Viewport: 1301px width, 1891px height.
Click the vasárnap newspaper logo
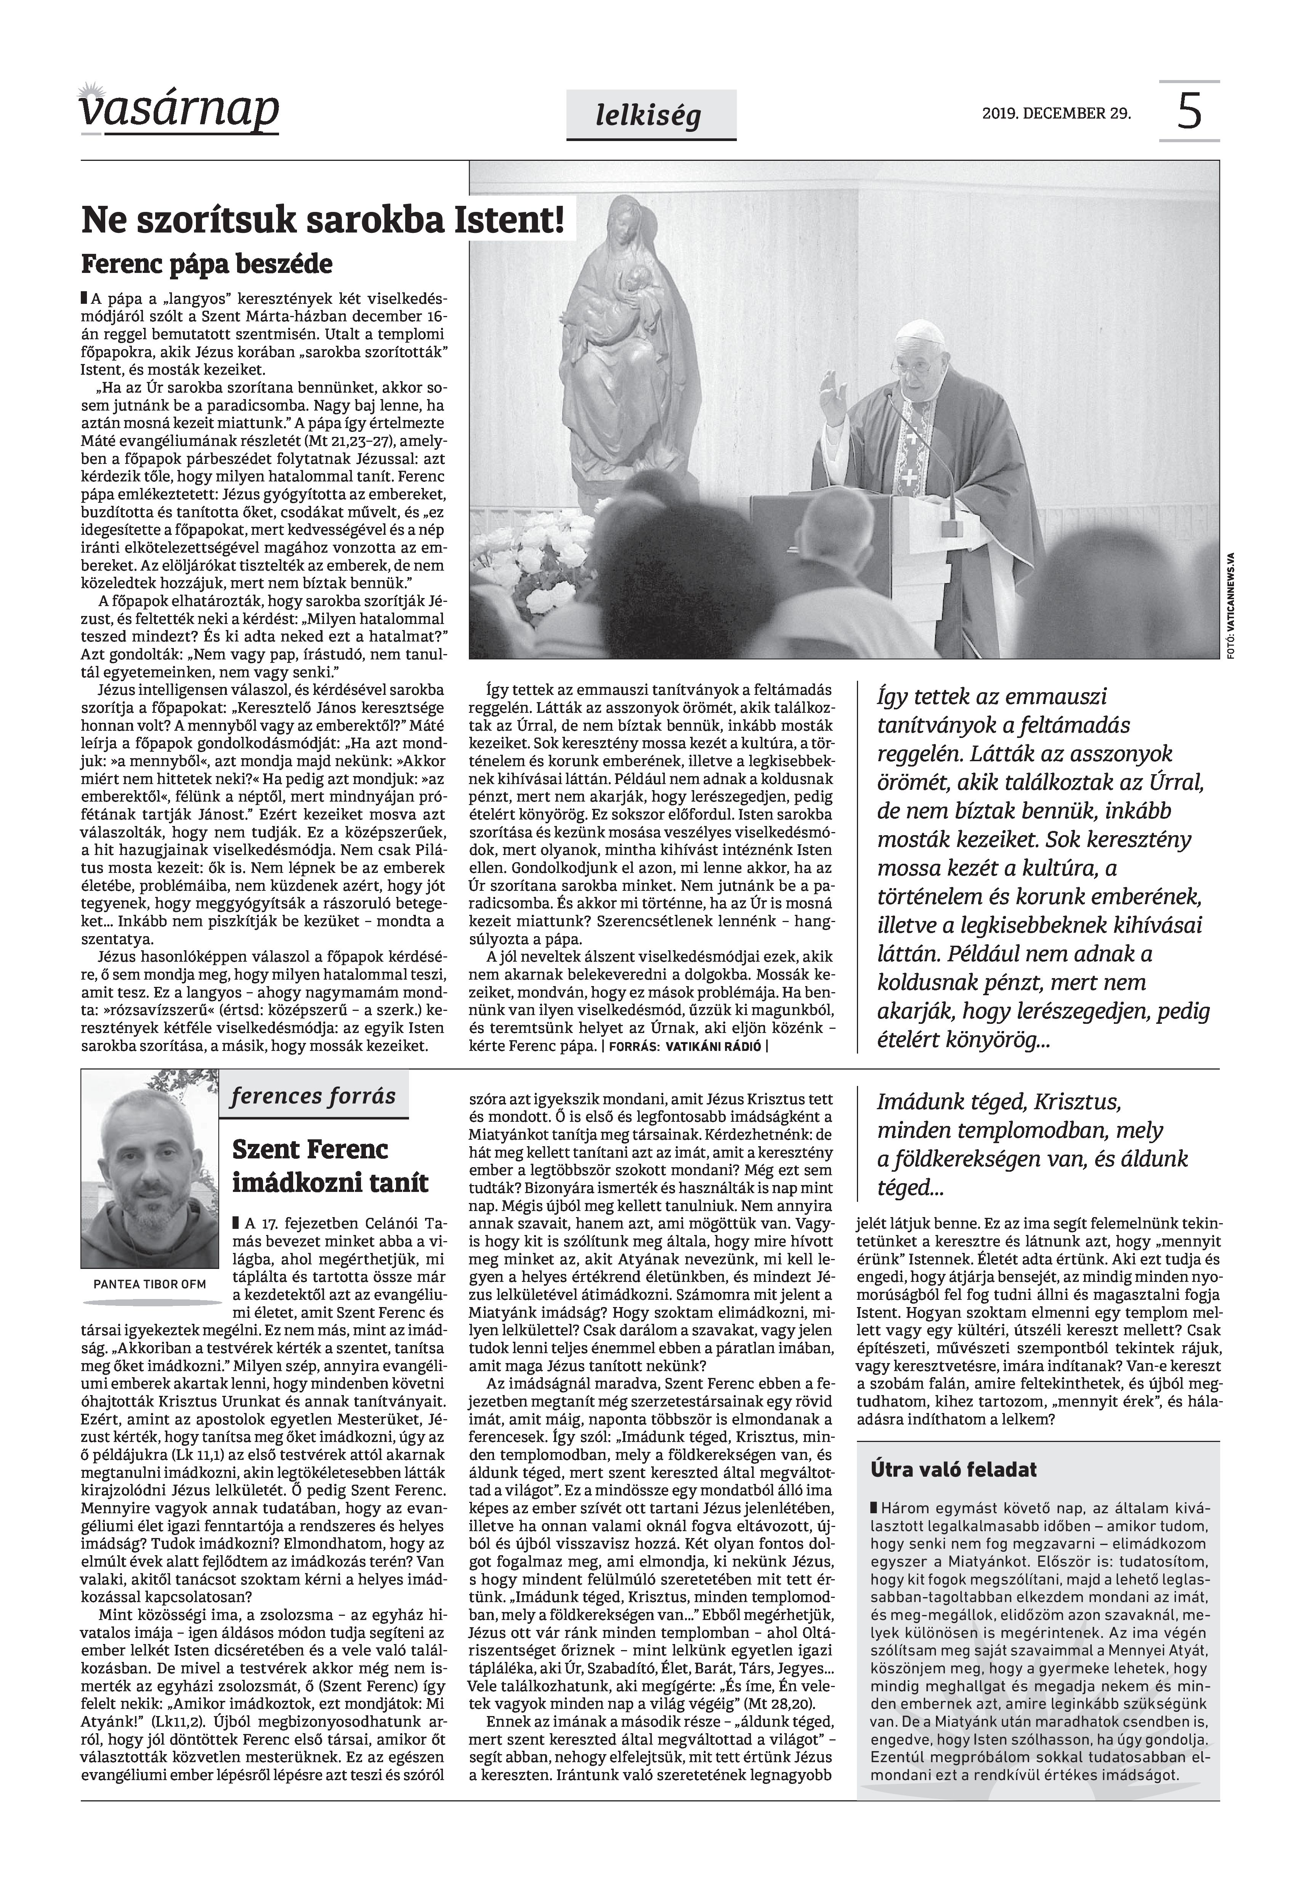pyautogui.click(x=179, y=110)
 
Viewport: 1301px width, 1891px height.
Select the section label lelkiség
pyautogui.click(x=648, y=117)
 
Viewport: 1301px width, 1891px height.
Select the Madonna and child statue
pyautogui.click(x=619, y=342)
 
